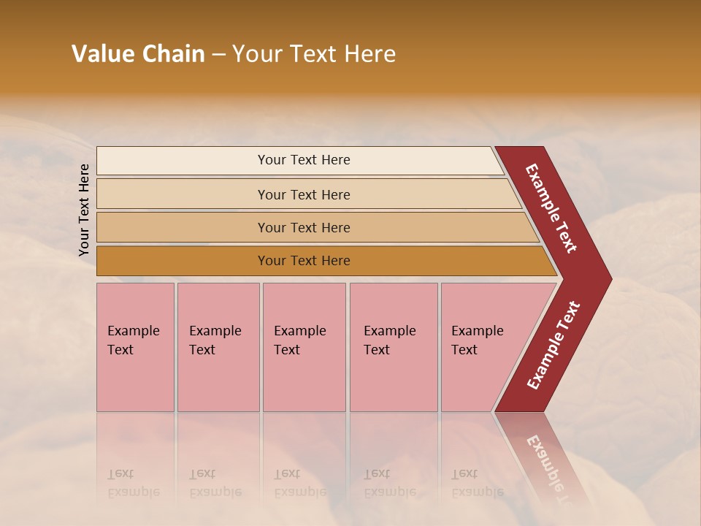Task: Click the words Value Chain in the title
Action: [138, 54]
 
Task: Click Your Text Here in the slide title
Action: [314, 54]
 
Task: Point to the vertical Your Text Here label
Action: [84, 210]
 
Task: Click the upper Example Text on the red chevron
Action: [551, 208]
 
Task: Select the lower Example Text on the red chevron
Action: [553, 346]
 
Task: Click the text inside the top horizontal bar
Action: [304, 160]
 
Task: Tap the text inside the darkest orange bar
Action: [304, 261]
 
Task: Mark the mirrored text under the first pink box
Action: [133, 483]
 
